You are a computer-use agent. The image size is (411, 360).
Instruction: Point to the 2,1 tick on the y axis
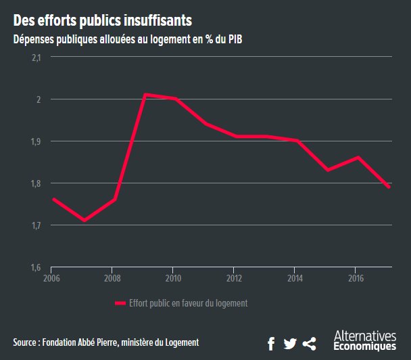(36, 58)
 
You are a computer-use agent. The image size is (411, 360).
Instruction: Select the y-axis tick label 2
(39, 99)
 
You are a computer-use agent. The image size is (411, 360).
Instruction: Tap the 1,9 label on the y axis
(36, 141)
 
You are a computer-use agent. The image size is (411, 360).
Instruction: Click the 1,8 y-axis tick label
(36, 183)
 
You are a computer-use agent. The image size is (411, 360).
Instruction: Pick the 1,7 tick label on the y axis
(36, 225)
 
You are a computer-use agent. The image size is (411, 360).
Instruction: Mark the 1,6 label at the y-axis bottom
(36, 267)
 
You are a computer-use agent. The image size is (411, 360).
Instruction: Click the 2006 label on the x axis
(51, 277)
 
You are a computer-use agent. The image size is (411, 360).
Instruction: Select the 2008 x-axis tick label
(113, 277)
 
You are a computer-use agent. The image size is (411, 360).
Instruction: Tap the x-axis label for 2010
(174, 277)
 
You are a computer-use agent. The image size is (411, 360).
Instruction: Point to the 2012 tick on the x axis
(235, 277)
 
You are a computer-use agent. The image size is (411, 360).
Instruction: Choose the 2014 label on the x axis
(295, 277)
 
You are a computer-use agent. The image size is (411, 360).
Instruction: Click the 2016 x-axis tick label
(356, 277)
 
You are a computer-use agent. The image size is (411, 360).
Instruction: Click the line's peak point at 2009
(145, 95)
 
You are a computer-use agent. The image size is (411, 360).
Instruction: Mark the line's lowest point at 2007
(83, 221)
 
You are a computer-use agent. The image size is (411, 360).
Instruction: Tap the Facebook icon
(271, 344)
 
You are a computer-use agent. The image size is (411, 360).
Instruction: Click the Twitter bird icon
(290, 344)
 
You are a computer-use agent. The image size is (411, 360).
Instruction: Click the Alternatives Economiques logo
(365, 341)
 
